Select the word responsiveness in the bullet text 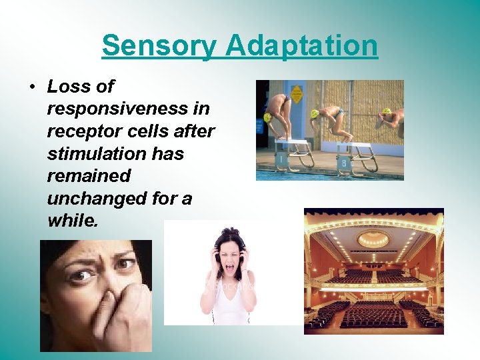click(128, 109)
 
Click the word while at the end click(73, 221)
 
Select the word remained click(88, 177)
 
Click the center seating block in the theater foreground click(373, 313)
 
